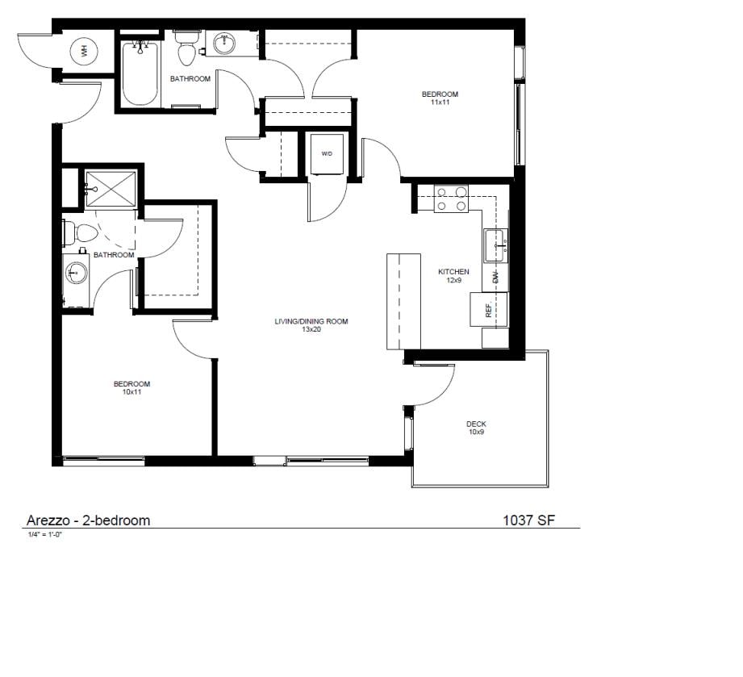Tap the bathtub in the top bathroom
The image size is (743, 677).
(140, 74)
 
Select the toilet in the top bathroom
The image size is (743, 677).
(187, 50)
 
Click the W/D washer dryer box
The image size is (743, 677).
(327, 153)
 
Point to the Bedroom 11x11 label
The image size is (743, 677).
(440, 98)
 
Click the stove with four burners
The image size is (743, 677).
(452, 199)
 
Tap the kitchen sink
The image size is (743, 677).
(495, 245)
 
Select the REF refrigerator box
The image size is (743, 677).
(489, 309)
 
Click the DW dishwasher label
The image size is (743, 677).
(496, 278)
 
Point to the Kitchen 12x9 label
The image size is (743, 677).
(453, 276)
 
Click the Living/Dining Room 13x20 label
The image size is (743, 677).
(311, 325)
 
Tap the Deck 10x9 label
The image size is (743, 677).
(476, 428)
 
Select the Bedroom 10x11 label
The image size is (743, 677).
(131, 388)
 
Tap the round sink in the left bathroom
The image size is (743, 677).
(77, 274)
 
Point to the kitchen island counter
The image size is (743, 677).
(403, 301)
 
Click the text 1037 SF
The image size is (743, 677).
(528, 520)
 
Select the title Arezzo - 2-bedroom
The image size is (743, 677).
(88, 520)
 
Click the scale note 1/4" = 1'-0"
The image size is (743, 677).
(44, 534)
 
